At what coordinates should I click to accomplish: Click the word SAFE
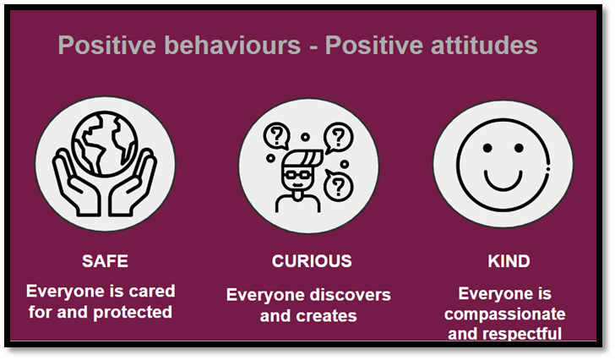[105, 261]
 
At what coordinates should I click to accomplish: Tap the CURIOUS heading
[312, 261]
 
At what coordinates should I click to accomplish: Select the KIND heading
[509, 261]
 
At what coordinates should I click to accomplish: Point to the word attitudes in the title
[484, 45]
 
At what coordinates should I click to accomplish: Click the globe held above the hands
[105, 144]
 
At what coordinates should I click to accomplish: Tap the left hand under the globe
[77, 183]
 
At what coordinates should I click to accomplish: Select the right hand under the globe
[133, 183]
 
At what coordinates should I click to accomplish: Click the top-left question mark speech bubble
[277, 136]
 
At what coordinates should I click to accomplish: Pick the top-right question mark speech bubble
[338, 137]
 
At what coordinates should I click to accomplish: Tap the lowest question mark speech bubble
[338, 185]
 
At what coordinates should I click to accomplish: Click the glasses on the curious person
[297, 174]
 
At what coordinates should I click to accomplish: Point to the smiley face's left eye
[487, 148]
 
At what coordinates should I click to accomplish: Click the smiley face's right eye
[519, 148]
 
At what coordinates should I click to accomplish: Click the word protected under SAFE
[133, 312]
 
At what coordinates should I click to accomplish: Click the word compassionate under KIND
[505, 314]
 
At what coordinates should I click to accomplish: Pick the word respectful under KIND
[522, 334]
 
